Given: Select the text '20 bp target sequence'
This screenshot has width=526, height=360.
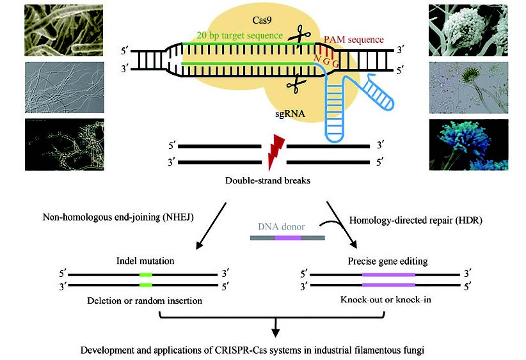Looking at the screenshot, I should click(232, 35).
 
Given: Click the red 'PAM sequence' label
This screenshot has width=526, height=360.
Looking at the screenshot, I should click(353, 40).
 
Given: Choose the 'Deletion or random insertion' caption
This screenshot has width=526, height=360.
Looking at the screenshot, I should click(145, 299).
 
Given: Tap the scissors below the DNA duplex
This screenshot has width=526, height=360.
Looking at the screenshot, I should click(296, 83).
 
